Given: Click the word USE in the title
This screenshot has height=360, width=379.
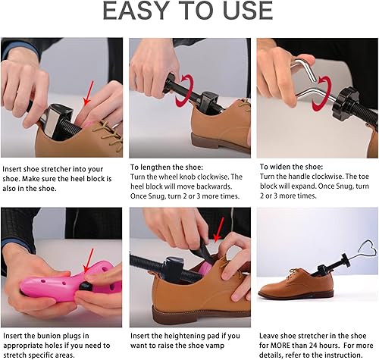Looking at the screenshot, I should (x=242, y=11).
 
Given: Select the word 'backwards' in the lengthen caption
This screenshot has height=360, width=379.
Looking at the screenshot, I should (x=217, y=186).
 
